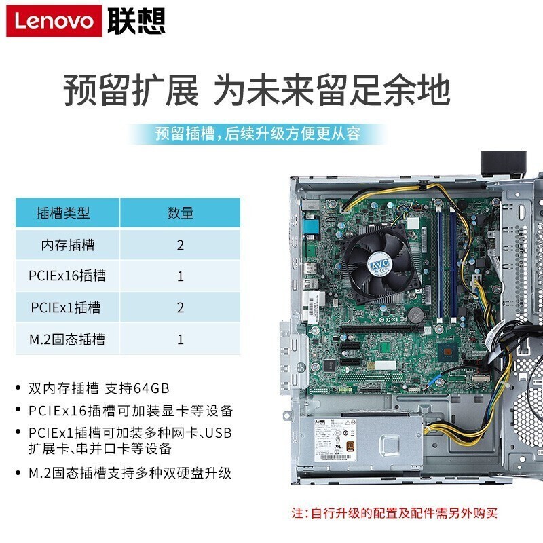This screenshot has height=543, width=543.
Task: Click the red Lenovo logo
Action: tap(54, 21)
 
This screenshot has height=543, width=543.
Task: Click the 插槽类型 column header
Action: tap(63, 212)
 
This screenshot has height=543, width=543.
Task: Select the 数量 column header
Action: tap(180, 212)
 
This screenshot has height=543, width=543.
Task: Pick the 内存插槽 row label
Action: tap(67, 245)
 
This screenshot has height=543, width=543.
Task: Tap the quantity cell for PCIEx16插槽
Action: tap(180, 276)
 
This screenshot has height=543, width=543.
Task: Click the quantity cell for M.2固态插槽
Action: tap(180, 339)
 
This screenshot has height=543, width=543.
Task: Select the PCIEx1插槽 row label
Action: tap(66, 307)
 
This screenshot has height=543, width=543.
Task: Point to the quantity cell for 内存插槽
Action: tap(180, 245)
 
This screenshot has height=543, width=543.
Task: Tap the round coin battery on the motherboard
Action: tap(415, 315)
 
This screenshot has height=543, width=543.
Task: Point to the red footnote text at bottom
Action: tap(394, 513)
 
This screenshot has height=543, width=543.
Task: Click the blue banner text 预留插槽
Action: tap(185, 134)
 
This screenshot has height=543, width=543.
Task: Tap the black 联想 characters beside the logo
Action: tap(136, 21)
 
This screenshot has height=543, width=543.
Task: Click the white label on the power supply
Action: tap(335, 440)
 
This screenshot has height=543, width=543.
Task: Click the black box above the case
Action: tap(504, 164)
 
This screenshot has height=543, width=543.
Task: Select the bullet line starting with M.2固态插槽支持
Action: tap(130, 473)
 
